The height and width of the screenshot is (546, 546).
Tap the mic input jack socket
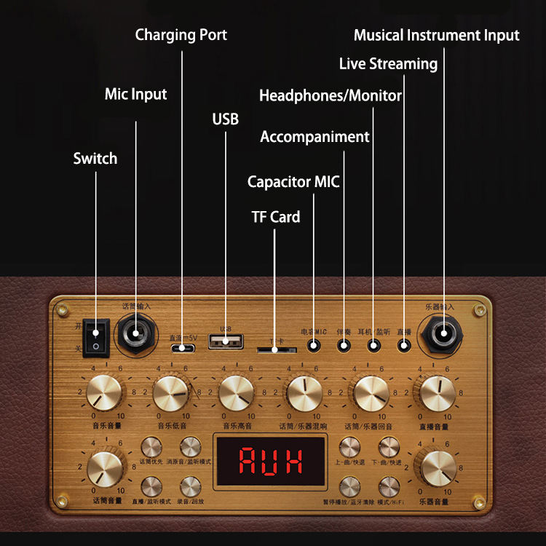point(135,334)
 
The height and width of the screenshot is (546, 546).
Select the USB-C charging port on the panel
point(181,348)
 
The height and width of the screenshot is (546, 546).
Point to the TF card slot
point(275,350)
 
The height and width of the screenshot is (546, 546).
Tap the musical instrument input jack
point(441,334)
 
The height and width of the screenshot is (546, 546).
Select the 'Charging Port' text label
point(181,35)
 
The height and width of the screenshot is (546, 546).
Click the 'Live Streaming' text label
point(388,64)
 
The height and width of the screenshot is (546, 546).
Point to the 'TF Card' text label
point(275,216)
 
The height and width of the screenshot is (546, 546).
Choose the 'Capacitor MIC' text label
point(293,181)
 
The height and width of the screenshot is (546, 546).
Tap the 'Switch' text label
point(95,158)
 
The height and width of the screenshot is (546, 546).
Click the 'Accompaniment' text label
point(314,137)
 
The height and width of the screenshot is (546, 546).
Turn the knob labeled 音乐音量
point(106,393)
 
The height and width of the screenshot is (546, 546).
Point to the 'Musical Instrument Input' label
point(436,35)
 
